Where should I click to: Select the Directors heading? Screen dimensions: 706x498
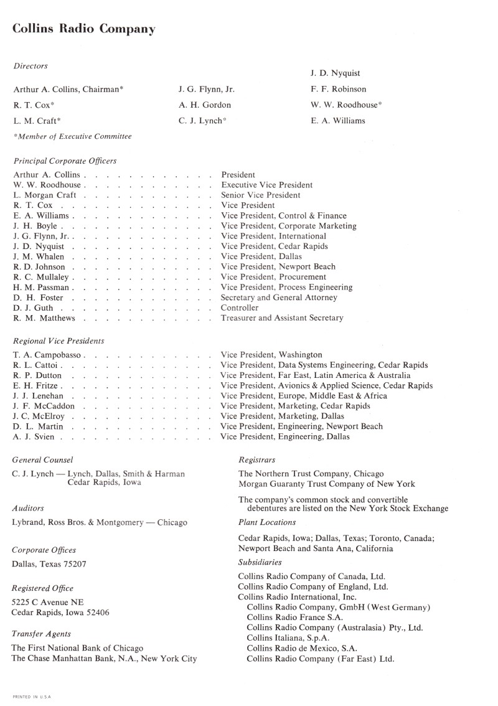click(30, 65)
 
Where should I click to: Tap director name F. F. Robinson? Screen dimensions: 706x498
click(339, 89)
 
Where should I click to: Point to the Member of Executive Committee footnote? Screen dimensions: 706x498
click(72, 136)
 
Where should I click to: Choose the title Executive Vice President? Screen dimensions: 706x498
click(267, 185)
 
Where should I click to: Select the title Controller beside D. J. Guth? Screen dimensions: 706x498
click(240, 308)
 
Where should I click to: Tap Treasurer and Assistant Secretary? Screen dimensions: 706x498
click(282, 318)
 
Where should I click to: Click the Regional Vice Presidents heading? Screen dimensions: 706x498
click(59, 341)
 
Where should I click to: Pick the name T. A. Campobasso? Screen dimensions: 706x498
click(49, 355)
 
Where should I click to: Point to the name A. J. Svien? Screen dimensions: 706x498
click(34, 436)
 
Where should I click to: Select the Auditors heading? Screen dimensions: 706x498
click(28, 508)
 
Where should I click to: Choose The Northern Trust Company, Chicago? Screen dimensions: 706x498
click(311, 474)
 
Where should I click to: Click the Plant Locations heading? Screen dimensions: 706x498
click(267, 522)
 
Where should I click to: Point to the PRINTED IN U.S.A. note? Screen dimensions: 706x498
click(32, 696)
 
